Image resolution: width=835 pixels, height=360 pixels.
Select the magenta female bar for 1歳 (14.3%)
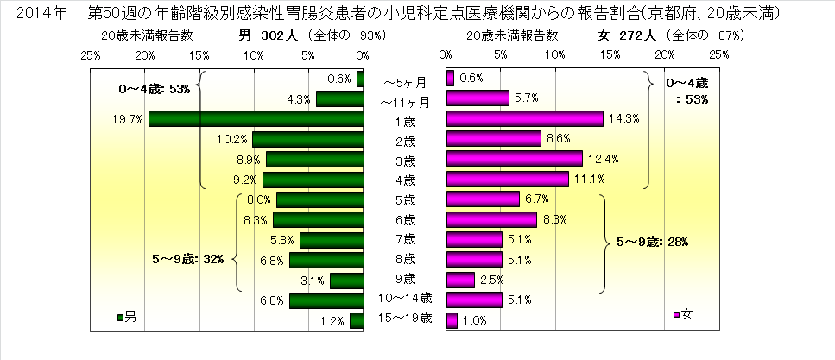pos(524,119)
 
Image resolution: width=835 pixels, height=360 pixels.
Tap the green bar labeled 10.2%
pos(308,139)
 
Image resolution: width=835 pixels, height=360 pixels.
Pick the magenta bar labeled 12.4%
pos(514,159)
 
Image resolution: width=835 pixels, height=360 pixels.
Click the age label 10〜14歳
pos(405,300)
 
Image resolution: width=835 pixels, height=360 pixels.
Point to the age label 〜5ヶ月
pos(404,82)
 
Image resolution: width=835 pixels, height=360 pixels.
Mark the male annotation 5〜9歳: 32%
pos(187,258)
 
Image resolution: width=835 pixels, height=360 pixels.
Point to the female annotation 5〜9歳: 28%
pos(651,242)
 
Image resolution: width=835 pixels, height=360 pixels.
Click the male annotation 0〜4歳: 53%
pos(154,89)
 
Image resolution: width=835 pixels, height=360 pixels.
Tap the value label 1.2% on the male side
pos(333,322)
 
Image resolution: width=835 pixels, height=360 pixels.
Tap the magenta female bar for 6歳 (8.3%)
pos(491,219)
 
